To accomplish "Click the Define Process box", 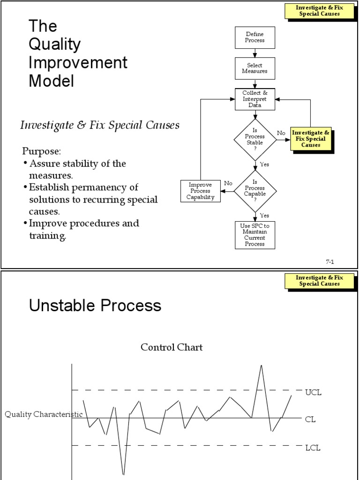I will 255,37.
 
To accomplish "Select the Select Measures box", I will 255,68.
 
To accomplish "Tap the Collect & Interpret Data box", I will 255,99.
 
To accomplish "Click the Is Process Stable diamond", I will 255,140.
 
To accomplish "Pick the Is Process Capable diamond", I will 255,191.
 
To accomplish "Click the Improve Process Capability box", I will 200,191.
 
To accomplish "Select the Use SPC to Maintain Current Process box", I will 255,235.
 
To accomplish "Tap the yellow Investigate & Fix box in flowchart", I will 311,139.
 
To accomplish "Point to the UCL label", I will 313,392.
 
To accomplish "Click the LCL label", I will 313,448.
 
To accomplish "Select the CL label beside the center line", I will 310,420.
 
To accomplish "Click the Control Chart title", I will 172,347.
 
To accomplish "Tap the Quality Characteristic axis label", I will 44,414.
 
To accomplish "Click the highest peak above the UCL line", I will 261,366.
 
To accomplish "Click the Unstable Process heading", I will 95,306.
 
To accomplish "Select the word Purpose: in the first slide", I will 42,152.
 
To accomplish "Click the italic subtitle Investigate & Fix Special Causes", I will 99,125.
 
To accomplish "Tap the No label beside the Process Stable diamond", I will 281,133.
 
